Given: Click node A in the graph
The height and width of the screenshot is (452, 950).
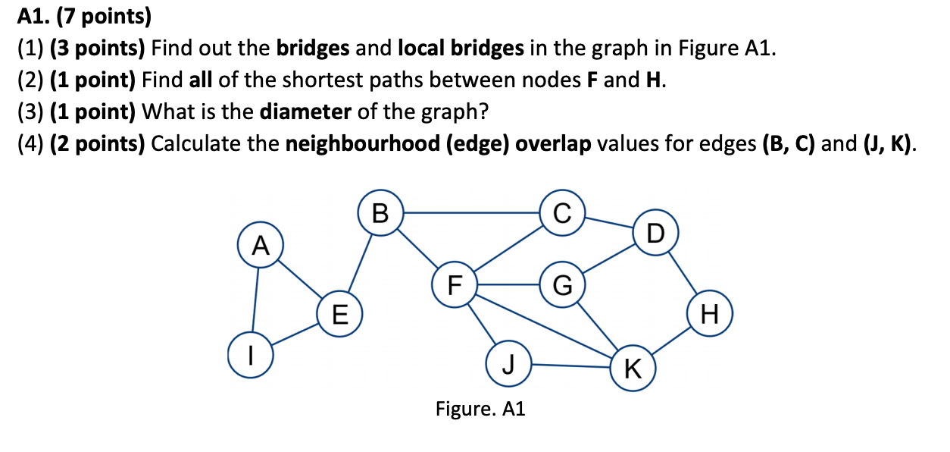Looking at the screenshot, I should click(261, 245).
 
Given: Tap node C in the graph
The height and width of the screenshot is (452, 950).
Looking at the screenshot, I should click(561, 213).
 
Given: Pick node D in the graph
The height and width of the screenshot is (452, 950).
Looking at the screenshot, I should click(656, 231).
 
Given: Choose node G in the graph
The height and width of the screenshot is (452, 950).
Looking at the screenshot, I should click(561, 285).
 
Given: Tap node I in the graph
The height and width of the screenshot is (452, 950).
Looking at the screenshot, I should click(250, 355).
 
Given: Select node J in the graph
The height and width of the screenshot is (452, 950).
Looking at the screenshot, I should click(508, 364).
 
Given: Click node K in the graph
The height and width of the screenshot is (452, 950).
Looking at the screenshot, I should click(633, 369).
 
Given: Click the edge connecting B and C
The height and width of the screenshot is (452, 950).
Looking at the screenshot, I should click(470, 213).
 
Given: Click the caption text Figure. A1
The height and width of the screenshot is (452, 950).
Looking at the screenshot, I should click(480, 410).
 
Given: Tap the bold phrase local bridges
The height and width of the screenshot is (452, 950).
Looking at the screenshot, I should click(461, 49).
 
